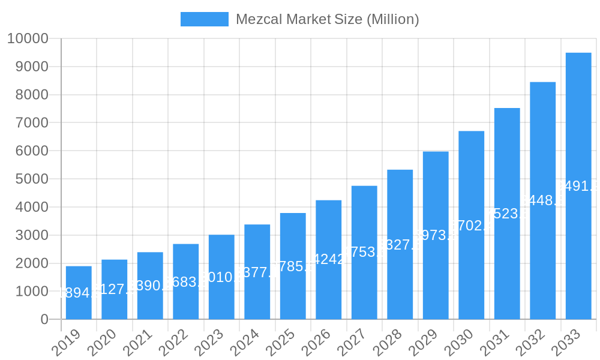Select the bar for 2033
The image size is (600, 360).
coord(578,186)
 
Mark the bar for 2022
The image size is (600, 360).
coord(186,281)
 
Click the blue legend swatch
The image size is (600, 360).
coord(205,19)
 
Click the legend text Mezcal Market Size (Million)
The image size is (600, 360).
coord(327,19)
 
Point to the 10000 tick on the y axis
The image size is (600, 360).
coord(28,39)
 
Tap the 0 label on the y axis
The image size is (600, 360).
coord(44,320)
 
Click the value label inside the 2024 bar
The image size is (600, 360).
coord(257,273)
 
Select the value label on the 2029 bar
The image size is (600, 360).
coord(436,235)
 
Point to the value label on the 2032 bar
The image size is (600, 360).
coord(543,200)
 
